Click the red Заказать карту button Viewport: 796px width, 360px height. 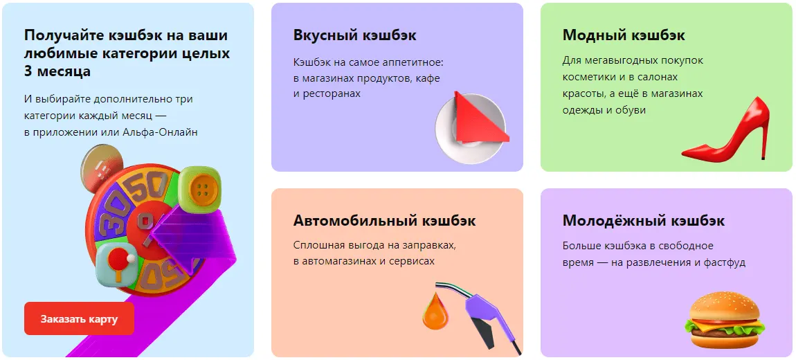(x=79, y=319)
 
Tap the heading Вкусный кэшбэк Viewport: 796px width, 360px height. (x=355, y=35)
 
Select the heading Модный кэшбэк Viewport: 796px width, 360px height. (x=624, y=35)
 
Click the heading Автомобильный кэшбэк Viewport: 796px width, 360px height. (x=385, y=221)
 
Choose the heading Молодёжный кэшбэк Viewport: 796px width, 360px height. (x=644, y=221)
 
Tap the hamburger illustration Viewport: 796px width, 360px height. (x=725, y=319)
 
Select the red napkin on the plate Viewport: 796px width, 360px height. (x=476, y=118)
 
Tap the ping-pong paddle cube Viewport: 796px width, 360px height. (x=116, y=264)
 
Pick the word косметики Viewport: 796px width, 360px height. (x=588, y=77)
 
